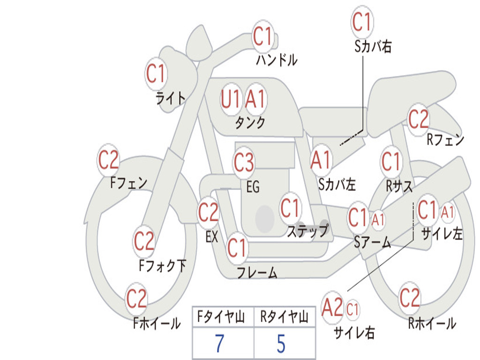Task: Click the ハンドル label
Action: (277, 60)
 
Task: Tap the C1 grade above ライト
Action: (156, 74)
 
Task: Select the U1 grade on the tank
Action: (231, 99)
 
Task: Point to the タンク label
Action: (250, 122)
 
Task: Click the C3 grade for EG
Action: (244, 163)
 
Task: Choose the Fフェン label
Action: (129, 182)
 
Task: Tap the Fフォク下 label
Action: (162, 266)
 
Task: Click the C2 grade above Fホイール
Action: (136, 299)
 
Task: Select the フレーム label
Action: (257, 272)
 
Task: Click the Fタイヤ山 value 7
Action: (220, 344)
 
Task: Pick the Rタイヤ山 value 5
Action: (281, 344)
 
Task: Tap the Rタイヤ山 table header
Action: (284, 318)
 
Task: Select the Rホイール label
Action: (432, 323)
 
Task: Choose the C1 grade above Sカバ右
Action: (361, 22)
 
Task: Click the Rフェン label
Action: (445, 140)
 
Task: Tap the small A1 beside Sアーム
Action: (378, 219)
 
